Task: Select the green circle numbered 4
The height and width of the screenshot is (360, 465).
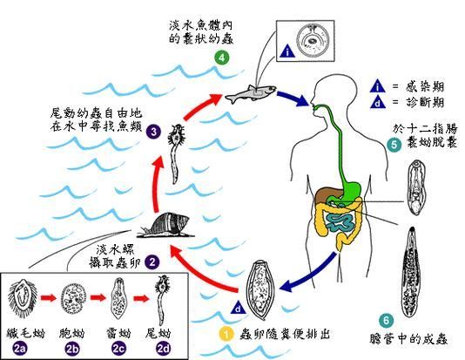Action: point(222,58)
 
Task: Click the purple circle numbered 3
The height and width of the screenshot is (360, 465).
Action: point(153,132)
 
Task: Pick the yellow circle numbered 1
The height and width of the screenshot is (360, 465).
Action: point(225,332)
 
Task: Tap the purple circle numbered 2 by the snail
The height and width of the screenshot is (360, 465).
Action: point(152,261)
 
